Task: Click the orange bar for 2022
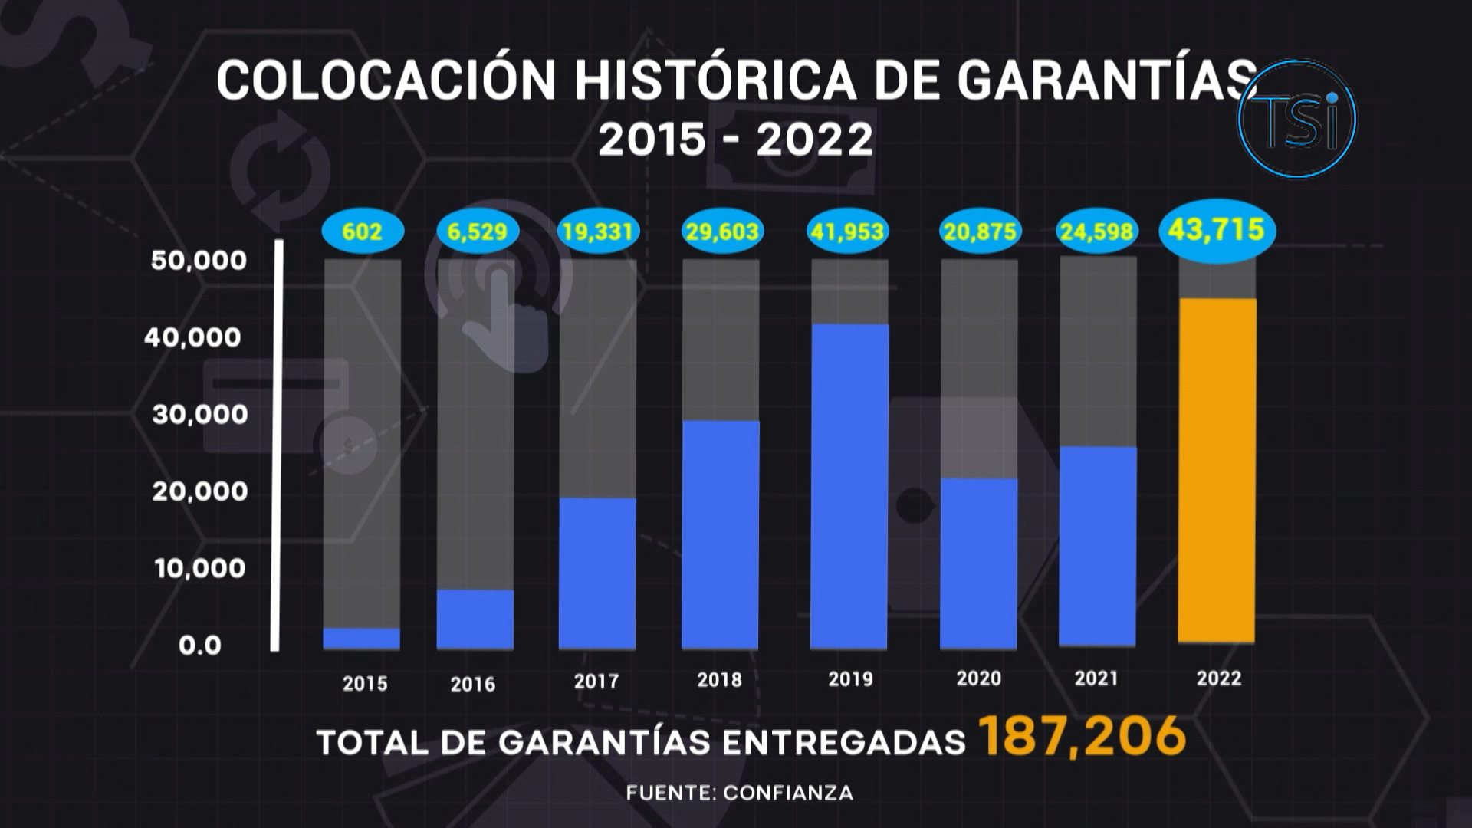pyautogui.click(x=1217, y=470)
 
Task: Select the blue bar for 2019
pyautogui.click(x=849, y=486)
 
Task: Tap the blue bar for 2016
pyautogui.click(x=475, y=619)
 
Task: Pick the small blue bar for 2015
pyautogui.click(x=362, y=639)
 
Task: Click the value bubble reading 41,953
pyautogui.click(x=848, y=232)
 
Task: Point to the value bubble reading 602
pyautogui.click(x=362, y=232)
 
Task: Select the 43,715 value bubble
pyautogui.click(x=1217, y=230)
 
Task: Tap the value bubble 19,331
pyautogui.click(x=597, y=232)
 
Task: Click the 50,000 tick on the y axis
pyautogui.click(x=199, y=261)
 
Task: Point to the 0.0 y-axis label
pyautogui.click(x=200, y=646)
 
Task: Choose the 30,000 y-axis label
pyautogui.click(x=200, y=415)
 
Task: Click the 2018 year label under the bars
pyautogui.click(x=719, y=679)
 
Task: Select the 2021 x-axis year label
pyautogui.click(x=1096, y=678)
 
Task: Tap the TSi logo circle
pyautogui.click(x=1297, y=120)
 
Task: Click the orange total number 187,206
pyautogui.click(x=1083, y=737)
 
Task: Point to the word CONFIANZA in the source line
pyautogui.click(x=788, y=793)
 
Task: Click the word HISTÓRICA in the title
pyautogui.click(x=715, y=80)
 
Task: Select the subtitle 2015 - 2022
pyautogui.click(x=735, y=140)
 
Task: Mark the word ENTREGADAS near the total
pyautogui.click(x=843, y=742)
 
